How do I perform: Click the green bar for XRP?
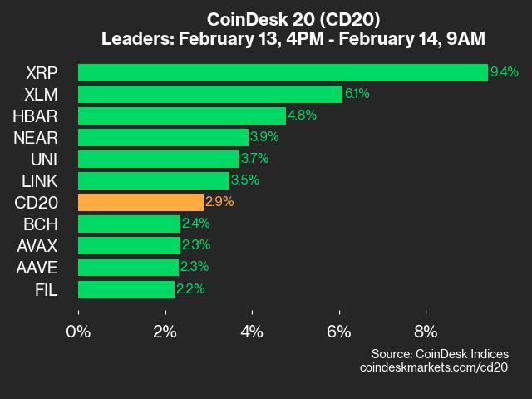[x=283, y=72]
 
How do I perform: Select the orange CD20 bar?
[x=140, y=202]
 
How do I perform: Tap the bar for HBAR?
[x=182, y=116]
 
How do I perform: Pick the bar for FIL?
[x=126, y=288]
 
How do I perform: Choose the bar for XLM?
[x=210, y=94]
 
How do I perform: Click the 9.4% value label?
[x=505, y=72]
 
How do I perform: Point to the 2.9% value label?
[x=219, y=202]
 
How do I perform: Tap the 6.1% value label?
[x=357, y=94]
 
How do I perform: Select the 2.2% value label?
[x=190, y=288]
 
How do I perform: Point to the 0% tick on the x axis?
[x=79, y=332]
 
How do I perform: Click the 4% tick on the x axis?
[x=252, y=332]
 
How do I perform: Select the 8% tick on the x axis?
[x=426, y=332]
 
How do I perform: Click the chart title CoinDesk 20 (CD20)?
[x=293, y=18]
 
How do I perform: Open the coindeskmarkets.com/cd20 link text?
[x=433, y=367]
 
